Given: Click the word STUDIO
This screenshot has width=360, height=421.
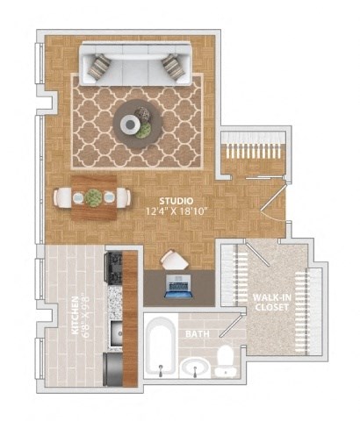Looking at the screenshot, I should point(176,201).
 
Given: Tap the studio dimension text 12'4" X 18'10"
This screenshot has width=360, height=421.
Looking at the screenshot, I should point(176,212).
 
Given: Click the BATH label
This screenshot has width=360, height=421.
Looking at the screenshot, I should point(196,334).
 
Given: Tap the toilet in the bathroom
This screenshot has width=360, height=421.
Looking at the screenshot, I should point(226,360).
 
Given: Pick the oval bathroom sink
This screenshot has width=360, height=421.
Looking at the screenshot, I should point(195,366).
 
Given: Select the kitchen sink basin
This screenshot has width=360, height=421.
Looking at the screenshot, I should point(114,332).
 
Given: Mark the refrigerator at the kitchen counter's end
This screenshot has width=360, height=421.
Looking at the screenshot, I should point(114,368).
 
